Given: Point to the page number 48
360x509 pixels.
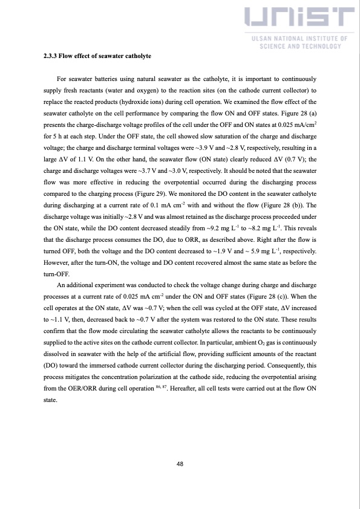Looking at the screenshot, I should click(180, 464).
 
